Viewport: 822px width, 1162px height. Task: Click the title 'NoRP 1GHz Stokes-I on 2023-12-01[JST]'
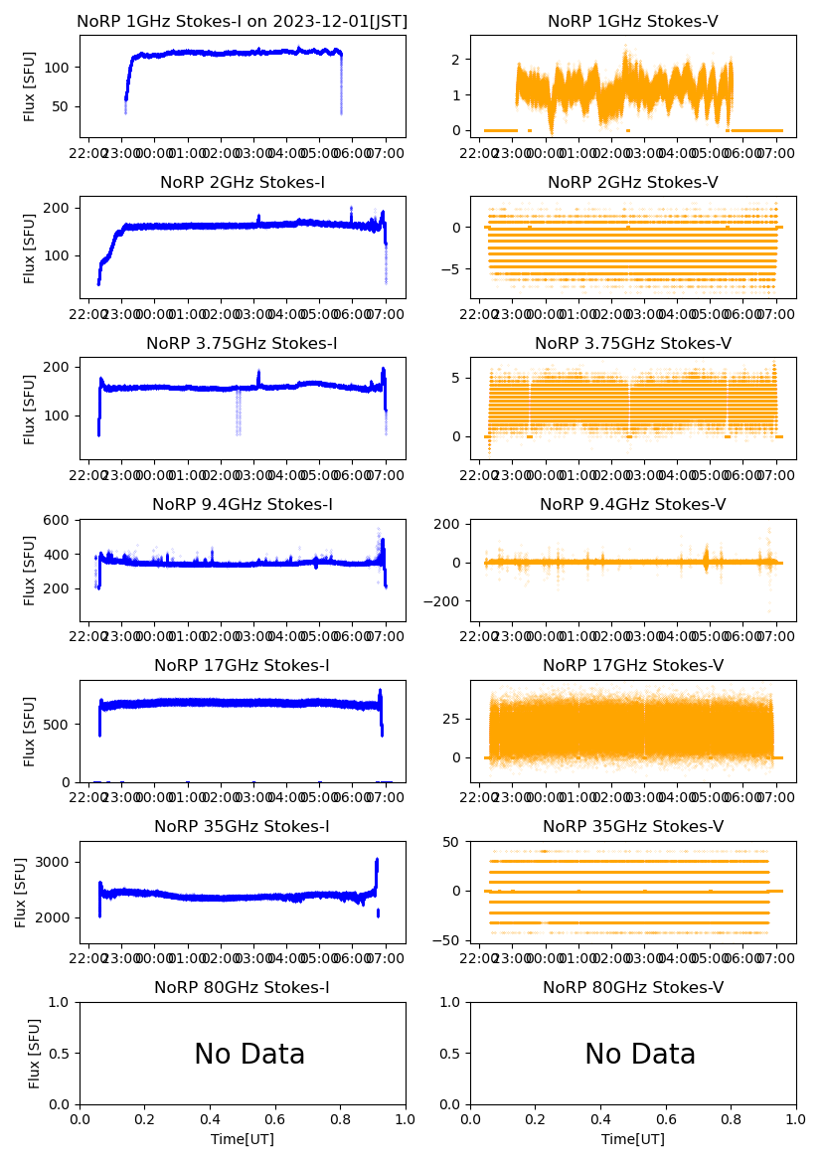(242, 21)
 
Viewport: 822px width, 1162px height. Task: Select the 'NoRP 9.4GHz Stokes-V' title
(632, 505)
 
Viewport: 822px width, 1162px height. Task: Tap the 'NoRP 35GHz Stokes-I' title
(242, 827)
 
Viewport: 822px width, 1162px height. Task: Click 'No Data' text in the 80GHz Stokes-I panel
(249, 1054)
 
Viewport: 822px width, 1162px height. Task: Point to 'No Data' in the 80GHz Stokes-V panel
(640, 1054)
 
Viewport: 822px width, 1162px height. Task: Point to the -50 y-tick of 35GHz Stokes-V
(451, 939)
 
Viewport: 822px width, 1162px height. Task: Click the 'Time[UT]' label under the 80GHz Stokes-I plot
(242, 1139)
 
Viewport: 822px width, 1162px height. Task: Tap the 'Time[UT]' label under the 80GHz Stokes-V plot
(633, 1139)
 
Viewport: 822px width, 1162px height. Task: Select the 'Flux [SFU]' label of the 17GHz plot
(29, 731)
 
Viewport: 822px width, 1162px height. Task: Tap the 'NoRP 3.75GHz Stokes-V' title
(632, 344)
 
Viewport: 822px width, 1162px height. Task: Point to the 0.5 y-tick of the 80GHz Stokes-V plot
(454, 1054)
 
